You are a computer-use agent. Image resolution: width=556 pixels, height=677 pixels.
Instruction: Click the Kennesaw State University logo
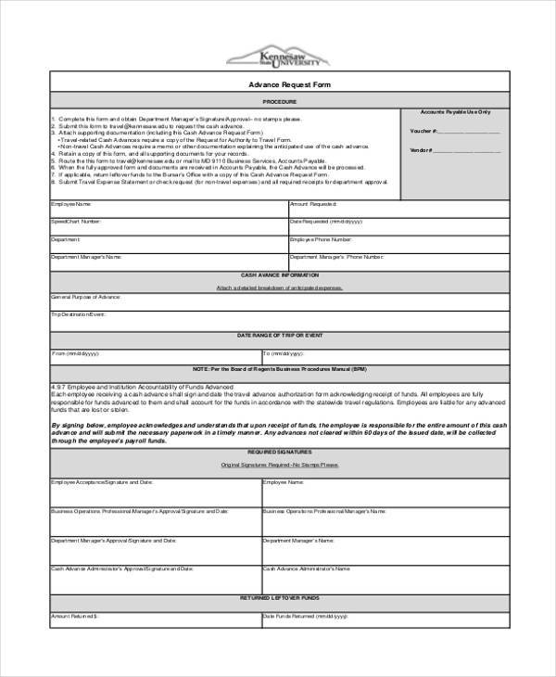point(277,57)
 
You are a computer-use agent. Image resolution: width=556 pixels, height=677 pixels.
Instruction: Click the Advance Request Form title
point(278,84)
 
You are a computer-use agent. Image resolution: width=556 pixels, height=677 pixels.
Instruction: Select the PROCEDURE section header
point(278,99)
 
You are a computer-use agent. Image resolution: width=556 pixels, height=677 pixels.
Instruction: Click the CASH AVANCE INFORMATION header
point(278,276)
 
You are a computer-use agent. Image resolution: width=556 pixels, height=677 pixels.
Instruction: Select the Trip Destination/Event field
point(278,321)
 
